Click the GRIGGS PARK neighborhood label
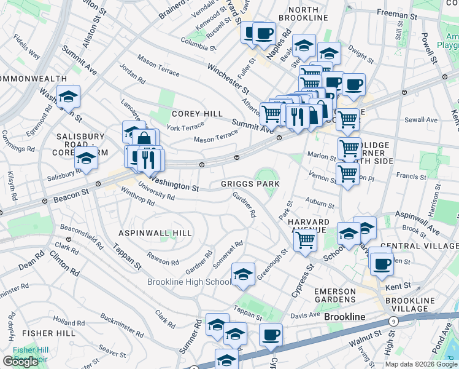tap(250, 184)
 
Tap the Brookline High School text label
tap(189, 282)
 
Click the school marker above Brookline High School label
tap(244, 274)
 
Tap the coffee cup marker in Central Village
tap(382, 264)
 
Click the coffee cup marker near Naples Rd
tap(264, 33)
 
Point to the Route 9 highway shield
tap(393, 322)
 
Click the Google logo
tap(20, 362)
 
